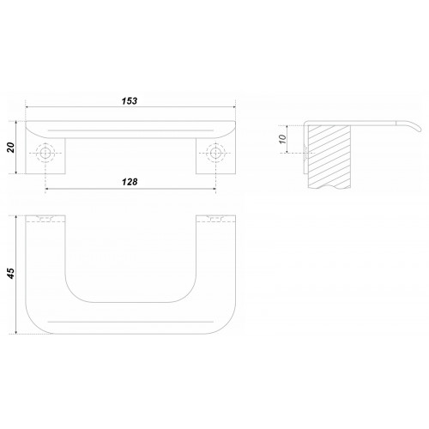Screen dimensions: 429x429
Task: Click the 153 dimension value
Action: pos(130,101)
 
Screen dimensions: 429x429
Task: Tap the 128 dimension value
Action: pos(130,182)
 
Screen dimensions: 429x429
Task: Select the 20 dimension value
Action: pos(11,148)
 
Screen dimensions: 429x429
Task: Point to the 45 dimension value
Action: pos(11,274)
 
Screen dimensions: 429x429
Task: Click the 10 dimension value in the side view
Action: pos(282,139)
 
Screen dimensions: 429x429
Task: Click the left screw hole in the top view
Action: pos(45,154)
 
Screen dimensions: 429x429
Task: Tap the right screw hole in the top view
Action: pos(215,154)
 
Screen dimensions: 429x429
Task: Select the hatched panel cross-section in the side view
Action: pos(329,156)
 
